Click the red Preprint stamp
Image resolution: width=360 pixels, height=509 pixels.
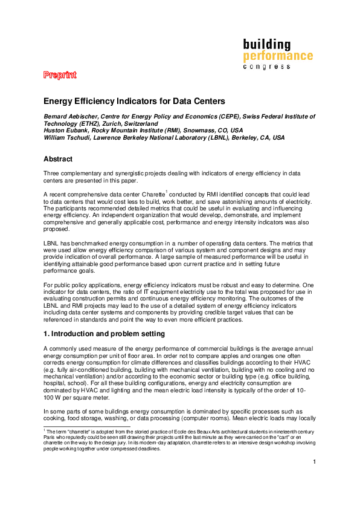[59, 75]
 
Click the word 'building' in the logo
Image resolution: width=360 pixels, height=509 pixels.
[266, 45]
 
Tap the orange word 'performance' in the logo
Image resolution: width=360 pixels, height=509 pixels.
[278, 56]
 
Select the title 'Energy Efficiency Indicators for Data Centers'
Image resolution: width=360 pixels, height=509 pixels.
[134, 101]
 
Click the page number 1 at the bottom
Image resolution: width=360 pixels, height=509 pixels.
[315, 479]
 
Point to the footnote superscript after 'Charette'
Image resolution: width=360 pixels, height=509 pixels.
[166, 192]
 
